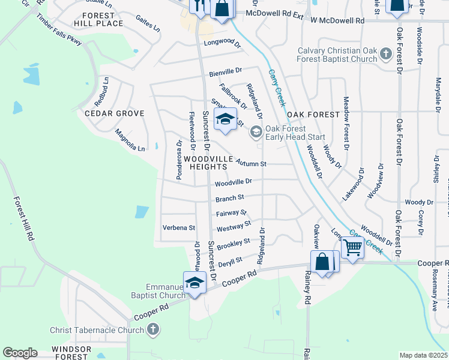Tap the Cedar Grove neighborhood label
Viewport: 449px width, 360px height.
115,113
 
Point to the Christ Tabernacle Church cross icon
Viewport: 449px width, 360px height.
153,329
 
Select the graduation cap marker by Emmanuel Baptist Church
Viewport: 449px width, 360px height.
194,282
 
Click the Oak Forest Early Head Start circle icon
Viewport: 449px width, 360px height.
256,132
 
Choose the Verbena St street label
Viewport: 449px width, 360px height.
179,228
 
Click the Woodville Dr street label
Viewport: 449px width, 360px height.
234,181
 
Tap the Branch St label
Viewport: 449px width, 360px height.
230,197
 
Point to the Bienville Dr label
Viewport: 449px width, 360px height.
225,73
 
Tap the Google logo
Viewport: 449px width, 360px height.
20,353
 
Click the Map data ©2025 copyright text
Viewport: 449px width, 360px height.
423,355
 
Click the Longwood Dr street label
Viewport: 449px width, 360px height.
221,44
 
